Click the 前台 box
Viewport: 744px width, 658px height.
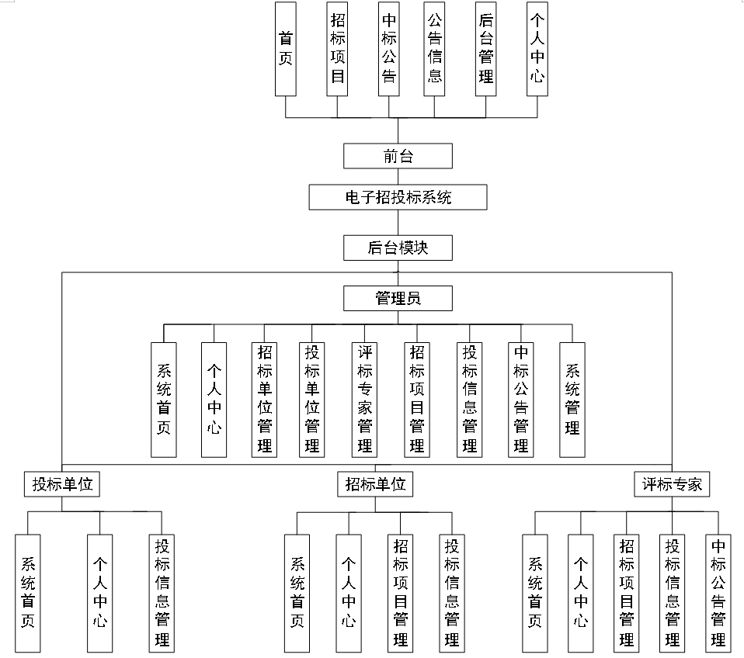(398, 156)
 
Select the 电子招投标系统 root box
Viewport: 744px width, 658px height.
(398, 197)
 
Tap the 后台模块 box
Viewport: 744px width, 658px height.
(398, 248)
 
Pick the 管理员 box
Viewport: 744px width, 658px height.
(398, 298)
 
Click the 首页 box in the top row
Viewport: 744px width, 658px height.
(286, 48)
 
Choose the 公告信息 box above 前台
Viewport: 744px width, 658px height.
(435, 48)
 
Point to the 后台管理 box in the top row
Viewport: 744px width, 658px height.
(486, 48)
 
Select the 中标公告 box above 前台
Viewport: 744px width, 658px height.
(389, 48)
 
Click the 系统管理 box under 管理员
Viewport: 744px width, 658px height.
(572, 399)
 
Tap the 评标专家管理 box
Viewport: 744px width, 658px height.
(365, 399)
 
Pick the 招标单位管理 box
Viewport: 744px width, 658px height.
(265, 399)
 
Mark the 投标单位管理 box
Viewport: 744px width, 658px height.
(312, 399)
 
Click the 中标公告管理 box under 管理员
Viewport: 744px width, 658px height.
(520, 399)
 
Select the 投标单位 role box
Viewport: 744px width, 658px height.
(62, 485)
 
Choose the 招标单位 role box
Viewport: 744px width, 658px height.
(375, 485)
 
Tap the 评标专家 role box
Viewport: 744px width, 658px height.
(672, 485)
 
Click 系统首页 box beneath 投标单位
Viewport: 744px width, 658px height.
(27, 592)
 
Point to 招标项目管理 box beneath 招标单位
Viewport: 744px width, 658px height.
(401, 592)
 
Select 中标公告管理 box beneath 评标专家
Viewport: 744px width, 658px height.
(718, 592)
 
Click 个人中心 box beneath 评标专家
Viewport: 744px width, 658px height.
(580, 592)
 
